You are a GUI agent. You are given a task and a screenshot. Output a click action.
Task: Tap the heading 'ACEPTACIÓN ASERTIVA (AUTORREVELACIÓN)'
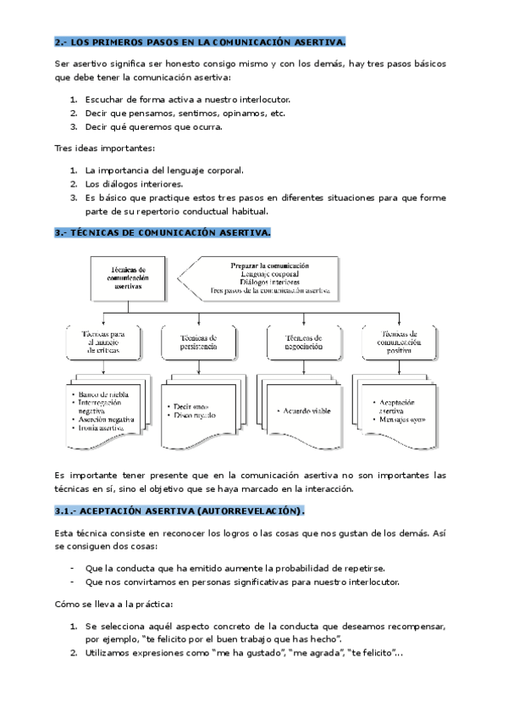coord(178,512)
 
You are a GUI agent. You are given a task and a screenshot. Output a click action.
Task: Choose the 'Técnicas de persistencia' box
coord(199,343)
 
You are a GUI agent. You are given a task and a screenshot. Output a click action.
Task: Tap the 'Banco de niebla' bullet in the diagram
coord(102,394)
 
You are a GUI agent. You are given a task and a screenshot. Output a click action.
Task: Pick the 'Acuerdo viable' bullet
coord(300,410)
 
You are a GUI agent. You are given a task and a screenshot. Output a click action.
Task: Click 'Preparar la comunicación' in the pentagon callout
coord(270,265)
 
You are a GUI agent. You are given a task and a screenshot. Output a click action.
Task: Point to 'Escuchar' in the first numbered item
coord(105,98)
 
